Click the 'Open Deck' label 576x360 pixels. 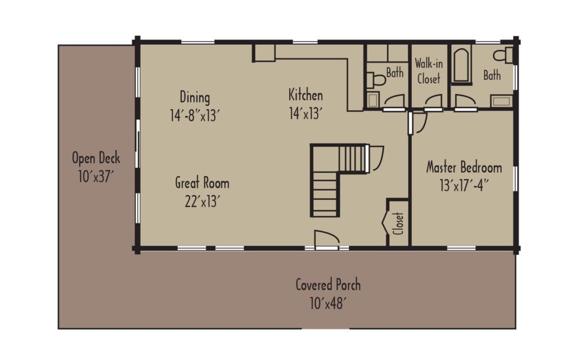(x=96, y=158)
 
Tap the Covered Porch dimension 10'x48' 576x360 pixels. (x=328, y=304)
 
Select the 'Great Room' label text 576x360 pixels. (x=202, y=183)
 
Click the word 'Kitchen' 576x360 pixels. (x=305, y=94)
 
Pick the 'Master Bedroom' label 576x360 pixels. (x=463, y=167)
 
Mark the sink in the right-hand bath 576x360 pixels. (x=501, y=101)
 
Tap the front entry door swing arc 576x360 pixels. (x=326, y=238)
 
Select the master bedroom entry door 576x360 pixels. (x=417, y=123)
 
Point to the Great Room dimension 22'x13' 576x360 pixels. (x=202, y=201)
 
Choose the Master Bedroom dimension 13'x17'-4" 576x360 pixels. (x=463, y=185)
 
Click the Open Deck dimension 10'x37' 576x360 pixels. (x=96, y=177)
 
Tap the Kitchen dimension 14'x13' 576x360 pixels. (x=305, y=114)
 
